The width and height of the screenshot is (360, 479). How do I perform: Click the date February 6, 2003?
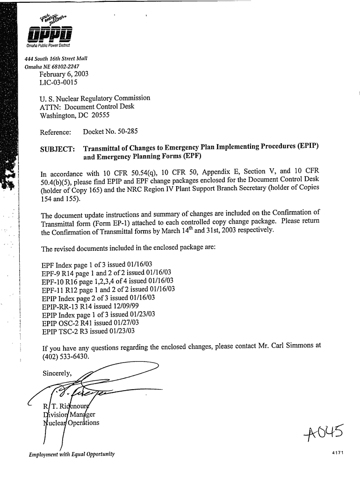64,74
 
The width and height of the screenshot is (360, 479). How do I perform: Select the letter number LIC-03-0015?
58,83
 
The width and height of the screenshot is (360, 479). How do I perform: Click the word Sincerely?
57,373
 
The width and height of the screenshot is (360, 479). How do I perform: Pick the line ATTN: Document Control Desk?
87,107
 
